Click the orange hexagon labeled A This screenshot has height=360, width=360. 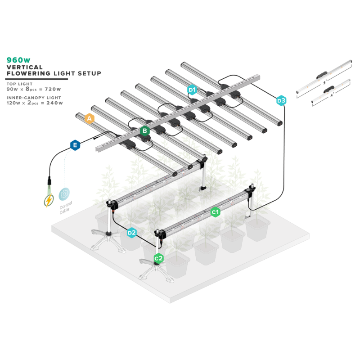(x=89, y=118)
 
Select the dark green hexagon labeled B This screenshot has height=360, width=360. (x=145, y=131)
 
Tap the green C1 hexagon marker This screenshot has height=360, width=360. (x=216, y=212)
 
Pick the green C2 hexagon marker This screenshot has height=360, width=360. (x=158, y=258)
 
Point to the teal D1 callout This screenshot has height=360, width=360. (x=192, y=90)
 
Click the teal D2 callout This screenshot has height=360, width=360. (x=132, y=233)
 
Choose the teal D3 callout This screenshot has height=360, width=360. (x=281, y=100)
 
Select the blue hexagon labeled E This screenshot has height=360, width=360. (x=75, y=145)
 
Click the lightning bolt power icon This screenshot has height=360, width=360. (x=49, y=200)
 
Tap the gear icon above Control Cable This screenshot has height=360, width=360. (x=64, y=194)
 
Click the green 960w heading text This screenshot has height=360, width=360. (x=18, y=60)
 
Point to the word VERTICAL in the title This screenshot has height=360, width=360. (x=25, y=67)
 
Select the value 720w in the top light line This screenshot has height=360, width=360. (x=53, y=89)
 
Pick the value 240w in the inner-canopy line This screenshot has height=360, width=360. (x=54, y=103)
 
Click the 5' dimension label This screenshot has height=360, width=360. (x=325, y=82)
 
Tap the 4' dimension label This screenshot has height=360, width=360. (x=332, y=95)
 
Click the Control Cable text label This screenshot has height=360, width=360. (x=66, y=207)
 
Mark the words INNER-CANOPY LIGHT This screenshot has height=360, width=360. (x=34, y=98)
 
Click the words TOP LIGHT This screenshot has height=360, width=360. (x=19, y=84)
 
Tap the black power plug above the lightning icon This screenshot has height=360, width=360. (x=49, y=181)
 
